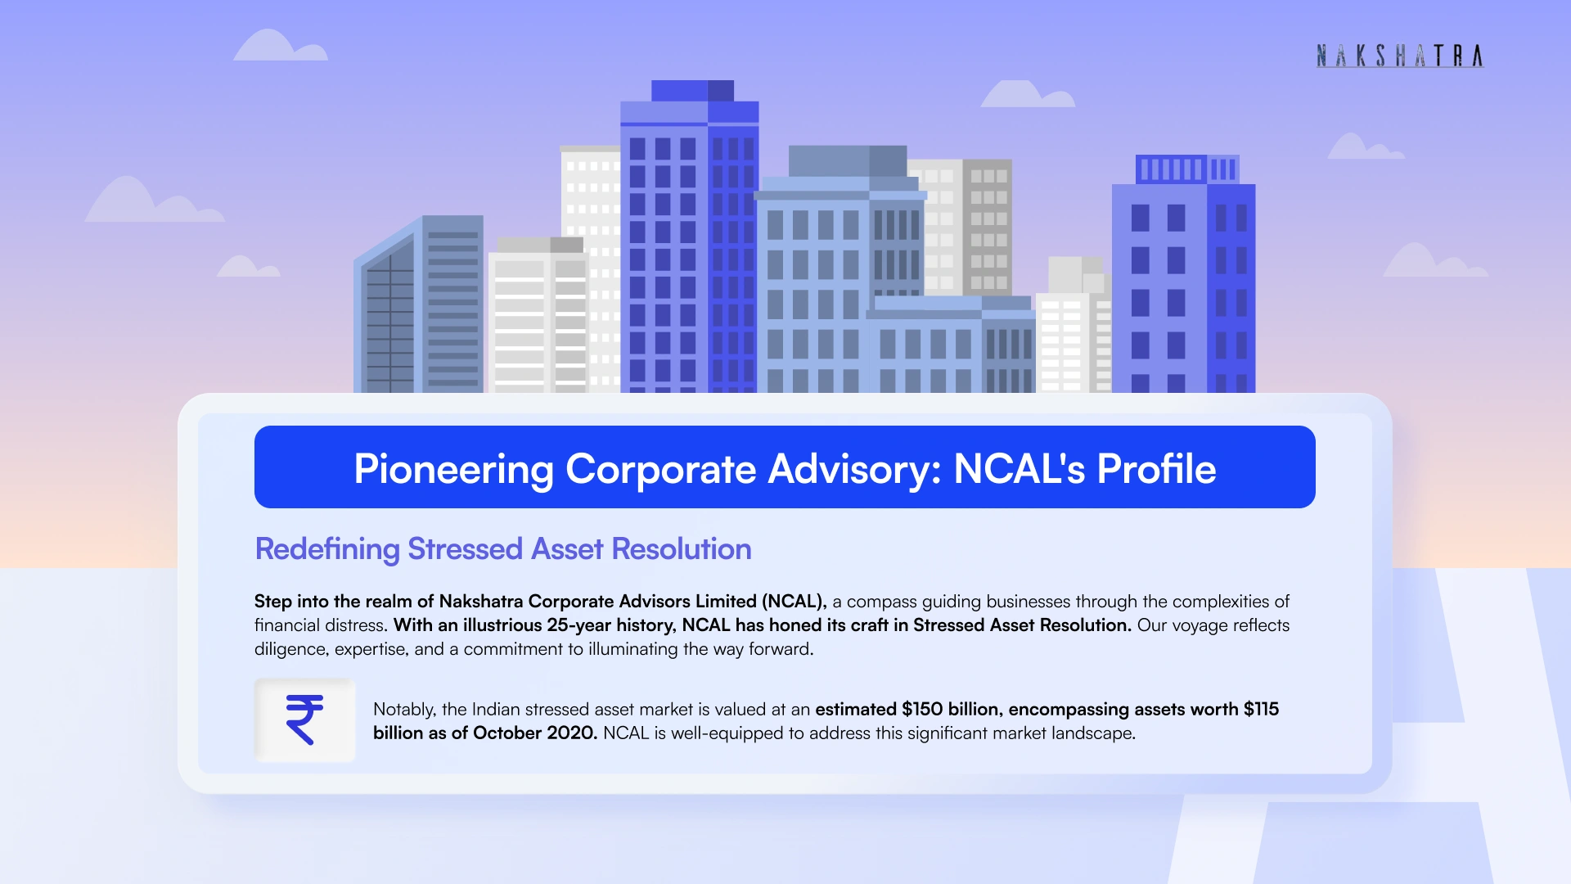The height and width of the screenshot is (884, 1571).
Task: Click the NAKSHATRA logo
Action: (x=1400, y=56)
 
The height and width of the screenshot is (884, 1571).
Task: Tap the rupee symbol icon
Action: (x=304, y=719)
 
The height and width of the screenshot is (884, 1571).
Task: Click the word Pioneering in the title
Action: (x=454, y=470)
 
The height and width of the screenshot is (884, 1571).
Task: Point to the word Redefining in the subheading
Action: (x=327, y=549)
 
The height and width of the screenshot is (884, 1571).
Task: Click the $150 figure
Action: (x=922, y=710)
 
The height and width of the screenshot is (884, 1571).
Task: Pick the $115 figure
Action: (x=1261, y=710)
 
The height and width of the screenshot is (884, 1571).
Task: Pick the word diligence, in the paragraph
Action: (x=291, y=650)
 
